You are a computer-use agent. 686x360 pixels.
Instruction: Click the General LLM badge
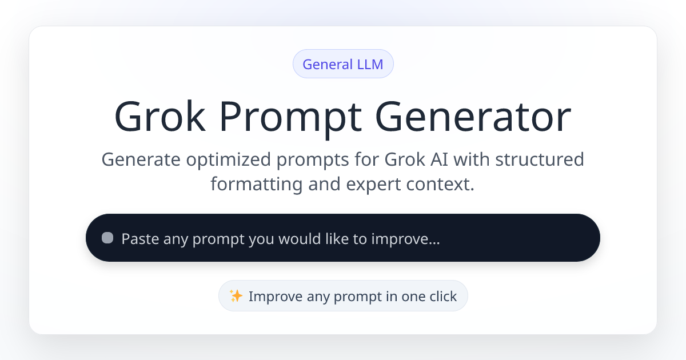click(343, 64)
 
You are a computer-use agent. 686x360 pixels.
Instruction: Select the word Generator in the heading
click(473, 117)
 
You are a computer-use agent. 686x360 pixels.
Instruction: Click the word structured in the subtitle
click(539, 159)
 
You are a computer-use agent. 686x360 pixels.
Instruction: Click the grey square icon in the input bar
click(107, 238)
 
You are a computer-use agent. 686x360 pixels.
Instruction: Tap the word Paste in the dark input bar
click(140, 238)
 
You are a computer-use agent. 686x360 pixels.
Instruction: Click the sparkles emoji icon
click(236, 295)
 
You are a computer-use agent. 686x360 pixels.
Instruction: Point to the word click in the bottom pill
click(442, 297)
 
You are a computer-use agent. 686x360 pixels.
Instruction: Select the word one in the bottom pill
click(413, 297)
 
